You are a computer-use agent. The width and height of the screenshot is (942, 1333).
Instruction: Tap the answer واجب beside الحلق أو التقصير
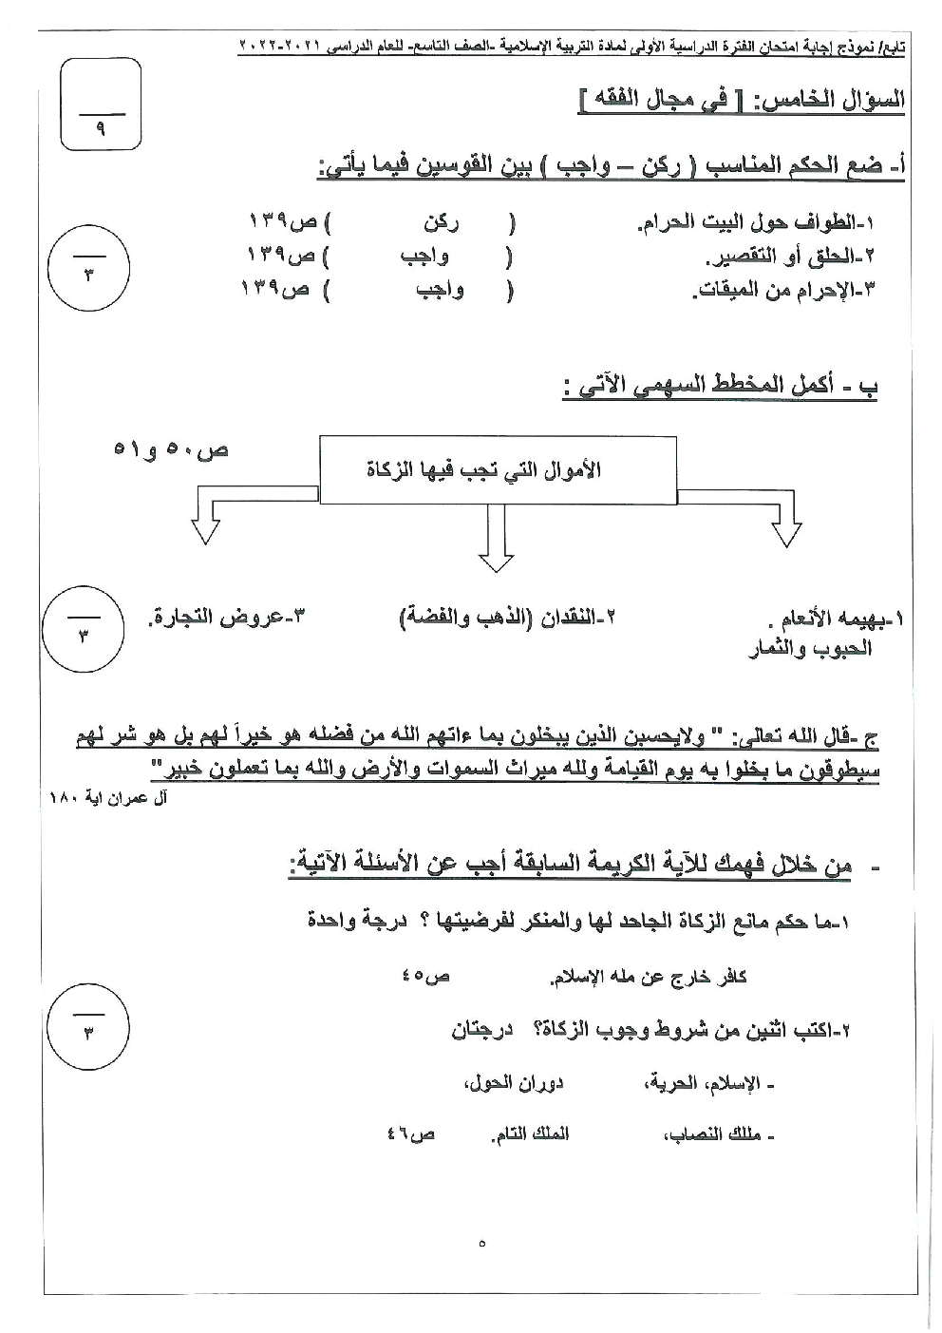[426, 257]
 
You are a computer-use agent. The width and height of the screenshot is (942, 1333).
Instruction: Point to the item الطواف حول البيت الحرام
[755, 225]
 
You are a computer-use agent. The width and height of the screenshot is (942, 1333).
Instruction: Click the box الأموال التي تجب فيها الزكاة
[497, 469]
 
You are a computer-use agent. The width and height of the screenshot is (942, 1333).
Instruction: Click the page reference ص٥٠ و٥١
[172, 448]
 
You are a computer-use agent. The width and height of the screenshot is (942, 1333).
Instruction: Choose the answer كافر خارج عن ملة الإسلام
[649, 976]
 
